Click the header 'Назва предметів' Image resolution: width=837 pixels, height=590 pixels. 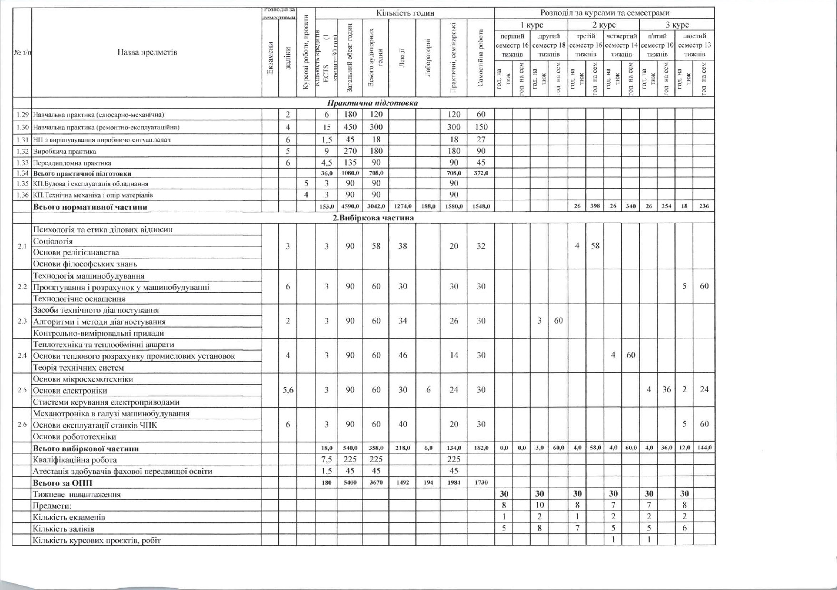(x=147, y=52)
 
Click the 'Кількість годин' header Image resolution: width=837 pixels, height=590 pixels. (x=405, y=13)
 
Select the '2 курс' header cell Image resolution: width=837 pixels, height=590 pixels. (x=603, y=25)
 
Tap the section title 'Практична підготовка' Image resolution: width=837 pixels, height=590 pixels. (x=373, y=103)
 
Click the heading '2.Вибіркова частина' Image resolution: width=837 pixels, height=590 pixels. (x=373, y=218)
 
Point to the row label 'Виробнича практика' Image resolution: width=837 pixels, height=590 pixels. (x=65, y=152)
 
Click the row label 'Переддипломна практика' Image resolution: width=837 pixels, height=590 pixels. (x=72, y=163)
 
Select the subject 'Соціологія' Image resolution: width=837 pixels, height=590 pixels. (x=53, y=241)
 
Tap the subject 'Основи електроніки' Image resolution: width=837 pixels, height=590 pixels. (x=70, y=391)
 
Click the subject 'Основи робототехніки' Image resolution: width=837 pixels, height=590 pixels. (x=74, y=437)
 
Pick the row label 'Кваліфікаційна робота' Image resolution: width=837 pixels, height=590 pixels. (x=75, y=460)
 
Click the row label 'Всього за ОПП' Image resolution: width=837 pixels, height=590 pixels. (x=62, y=483)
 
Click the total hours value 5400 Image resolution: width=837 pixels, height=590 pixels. (x=350, y=482)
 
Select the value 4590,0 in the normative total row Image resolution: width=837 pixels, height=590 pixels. (x=350, y=206)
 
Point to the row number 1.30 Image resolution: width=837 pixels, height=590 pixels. (x=22, y=128)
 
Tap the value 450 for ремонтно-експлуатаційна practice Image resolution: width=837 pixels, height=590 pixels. (x=350, y=127)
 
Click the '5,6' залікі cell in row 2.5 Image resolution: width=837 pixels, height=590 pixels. (x=287, y=390)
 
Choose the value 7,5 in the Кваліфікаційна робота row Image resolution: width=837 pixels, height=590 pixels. (x=326, y=460)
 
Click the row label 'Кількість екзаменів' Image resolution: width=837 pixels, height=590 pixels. (x=69, y=517)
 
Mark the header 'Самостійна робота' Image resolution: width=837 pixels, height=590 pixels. (x=481, y=59)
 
